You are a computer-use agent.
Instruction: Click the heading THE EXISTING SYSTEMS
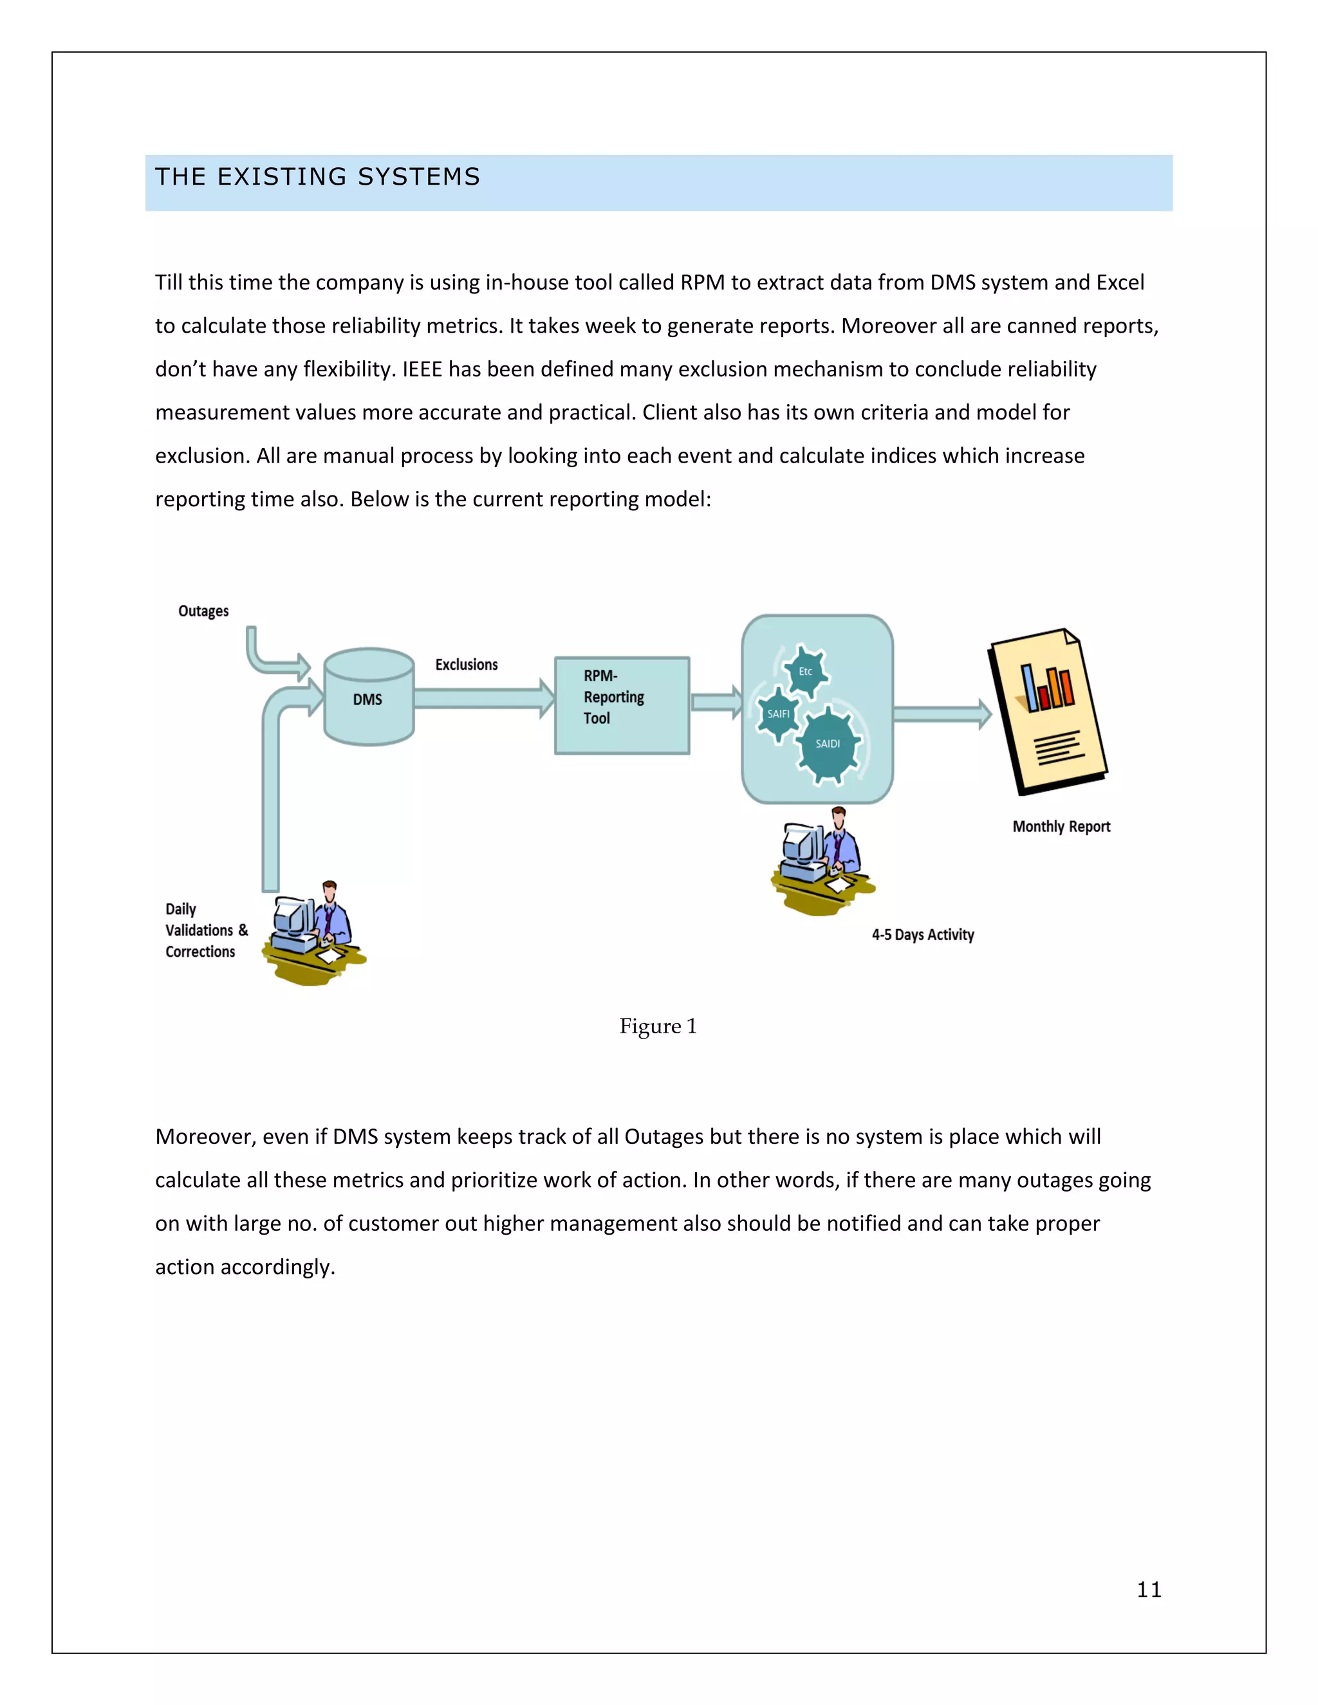(317, 177)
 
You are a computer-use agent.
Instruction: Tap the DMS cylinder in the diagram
(369, 698)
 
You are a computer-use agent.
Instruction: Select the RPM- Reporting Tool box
(622, 705)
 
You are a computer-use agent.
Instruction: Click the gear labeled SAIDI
(828, 744)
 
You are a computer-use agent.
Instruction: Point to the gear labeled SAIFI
(777, 714)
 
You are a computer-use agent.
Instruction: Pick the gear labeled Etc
(805, 671)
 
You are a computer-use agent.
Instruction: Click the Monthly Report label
(1061, 827)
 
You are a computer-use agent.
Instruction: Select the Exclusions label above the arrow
(466, 665)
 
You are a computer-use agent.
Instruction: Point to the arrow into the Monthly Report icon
(941, 714)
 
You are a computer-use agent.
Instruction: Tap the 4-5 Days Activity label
(922, 934)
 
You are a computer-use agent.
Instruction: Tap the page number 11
(1149, 1589)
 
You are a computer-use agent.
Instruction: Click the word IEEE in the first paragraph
(422, 369)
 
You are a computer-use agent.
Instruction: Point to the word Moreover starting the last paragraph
(205, 1137)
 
